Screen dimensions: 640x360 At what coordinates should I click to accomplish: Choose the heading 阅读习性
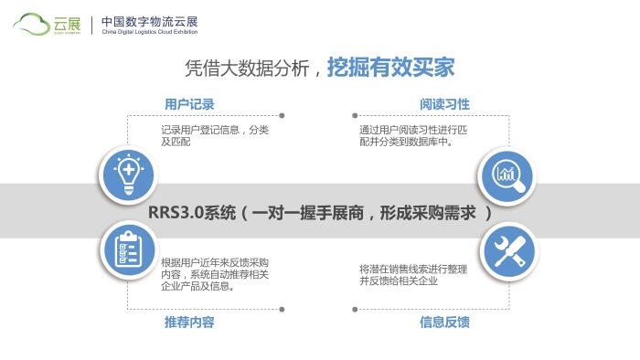(444, 104)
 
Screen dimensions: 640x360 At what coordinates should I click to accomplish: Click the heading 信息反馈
(444, 323)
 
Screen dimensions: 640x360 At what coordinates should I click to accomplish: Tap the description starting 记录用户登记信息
(215, 136)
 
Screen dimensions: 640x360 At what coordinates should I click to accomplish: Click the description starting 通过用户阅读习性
(413, 136)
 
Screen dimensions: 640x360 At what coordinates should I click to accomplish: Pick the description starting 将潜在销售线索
(413, 274)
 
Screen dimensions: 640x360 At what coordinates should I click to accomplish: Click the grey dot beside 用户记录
(281, 115)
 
